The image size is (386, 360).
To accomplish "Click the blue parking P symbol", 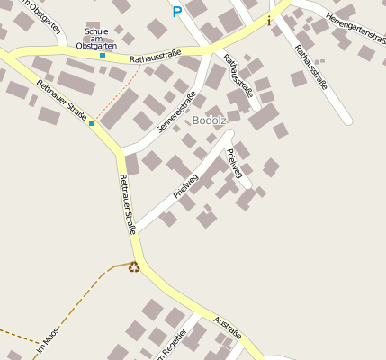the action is [x=176, y=12].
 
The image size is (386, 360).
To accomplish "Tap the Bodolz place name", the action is [x=209, y=121].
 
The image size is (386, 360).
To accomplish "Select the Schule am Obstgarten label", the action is [x=96, y=39].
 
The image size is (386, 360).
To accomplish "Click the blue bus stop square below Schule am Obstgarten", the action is [x=103, y=56].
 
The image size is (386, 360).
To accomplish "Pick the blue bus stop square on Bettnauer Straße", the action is [x=92, y=122].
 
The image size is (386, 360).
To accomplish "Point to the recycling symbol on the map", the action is [x=134, y=265].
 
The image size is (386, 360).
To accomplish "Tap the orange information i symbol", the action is [x=268, y=20].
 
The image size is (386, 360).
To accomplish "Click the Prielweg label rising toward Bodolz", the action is [x=185, y=183].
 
